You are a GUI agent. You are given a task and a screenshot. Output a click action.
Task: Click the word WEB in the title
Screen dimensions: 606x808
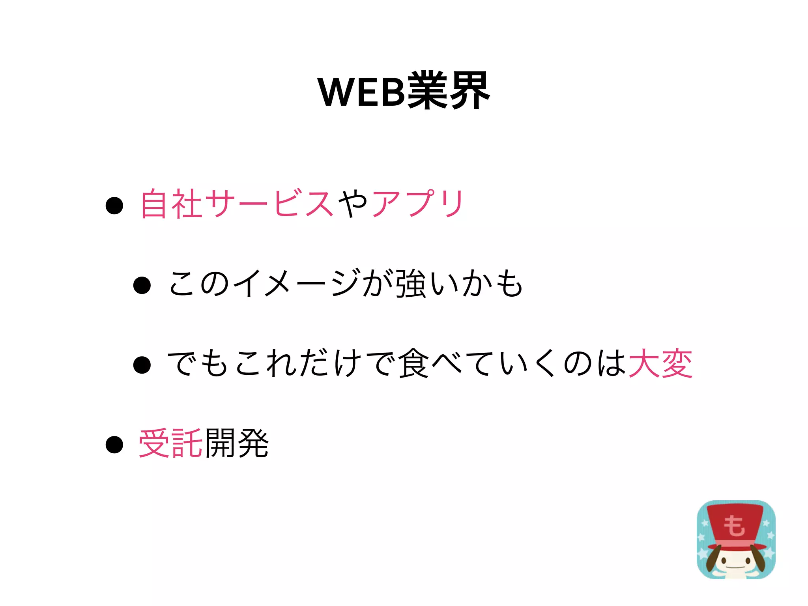coord(362,92)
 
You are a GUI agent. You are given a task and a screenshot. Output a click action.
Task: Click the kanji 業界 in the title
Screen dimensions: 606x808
coord(449,91)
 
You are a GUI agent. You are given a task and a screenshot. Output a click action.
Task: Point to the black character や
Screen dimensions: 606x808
coord(353,204)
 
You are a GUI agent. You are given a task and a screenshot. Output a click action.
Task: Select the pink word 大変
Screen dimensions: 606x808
coord(660,363)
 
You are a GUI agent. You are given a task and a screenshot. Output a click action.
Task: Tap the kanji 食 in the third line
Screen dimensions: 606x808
coord(413,363)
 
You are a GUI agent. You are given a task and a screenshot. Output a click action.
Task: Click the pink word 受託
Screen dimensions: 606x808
coord(170,443)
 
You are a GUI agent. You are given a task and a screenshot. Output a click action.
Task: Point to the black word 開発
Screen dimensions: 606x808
coord(237,443)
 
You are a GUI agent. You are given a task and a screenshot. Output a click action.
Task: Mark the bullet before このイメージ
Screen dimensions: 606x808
coord(142,285)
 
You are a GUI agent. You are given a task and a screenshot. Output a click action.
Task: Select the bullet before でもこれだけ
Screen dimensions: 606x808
coord(142,365)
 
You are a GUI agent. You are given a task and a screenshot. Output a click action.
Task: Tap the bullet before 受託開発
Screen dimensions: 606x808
coord(114,445)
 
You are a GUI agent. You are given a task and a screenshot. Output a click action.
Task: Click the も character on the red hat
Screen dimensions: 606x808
coord(734,526)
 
